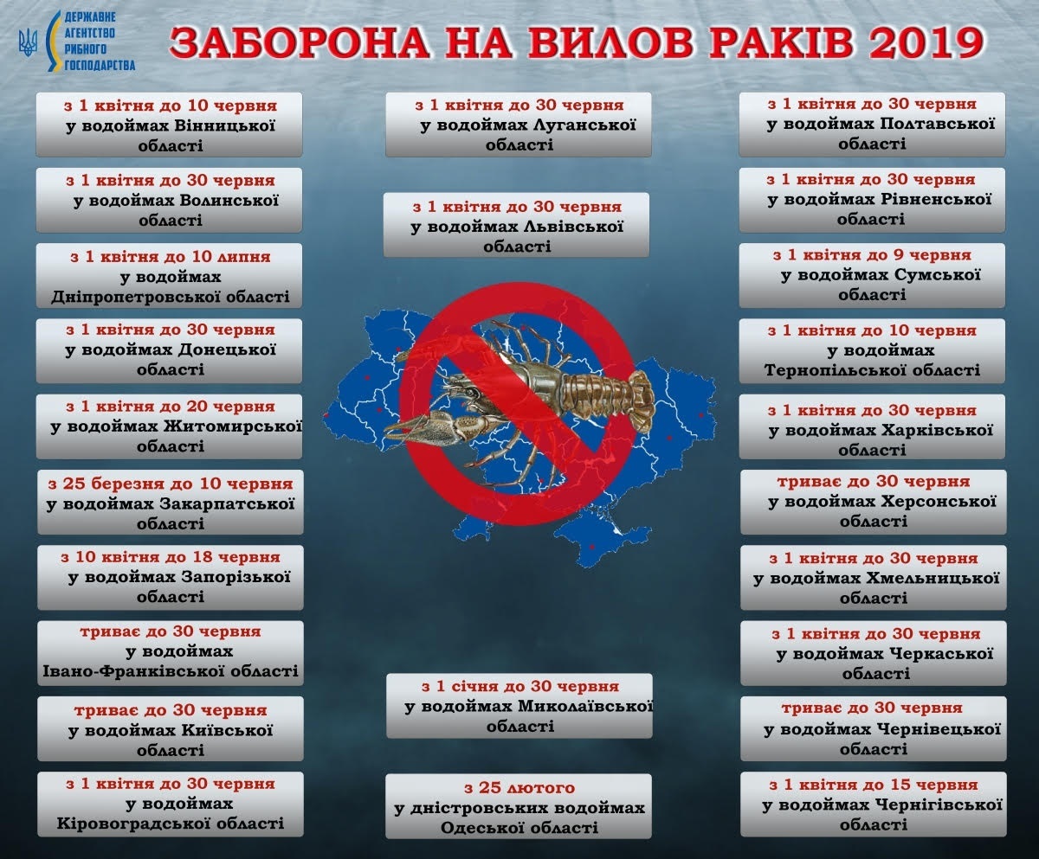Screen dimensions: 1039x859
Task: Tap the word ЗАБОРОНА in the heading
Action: [x=300, y=42]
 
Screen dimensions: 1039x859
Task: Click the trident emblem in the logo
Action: [x=28, y=42]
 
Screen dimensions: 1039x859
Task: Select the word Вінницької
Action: [x=224, y=125]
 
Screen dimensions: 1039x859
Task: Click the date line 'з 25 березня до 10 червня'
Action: [x=171, y=484]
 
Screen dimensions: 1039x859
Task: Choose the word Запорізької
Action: [x=236, y=577]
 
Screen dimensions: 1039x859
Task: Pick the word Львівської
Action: [x=572, y=228]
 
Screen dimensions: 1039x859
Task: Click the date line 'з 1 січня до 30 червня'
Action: [x=520, y=686]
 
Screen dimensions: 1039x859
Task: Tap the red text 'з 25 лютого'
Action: [x=519, y=787]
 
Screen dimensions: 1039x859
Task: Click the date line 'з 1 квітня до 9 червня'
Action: [x=872, y=255]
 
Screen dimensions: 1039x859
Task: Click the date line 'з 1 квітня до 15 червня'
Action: [x=874, y=785]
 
